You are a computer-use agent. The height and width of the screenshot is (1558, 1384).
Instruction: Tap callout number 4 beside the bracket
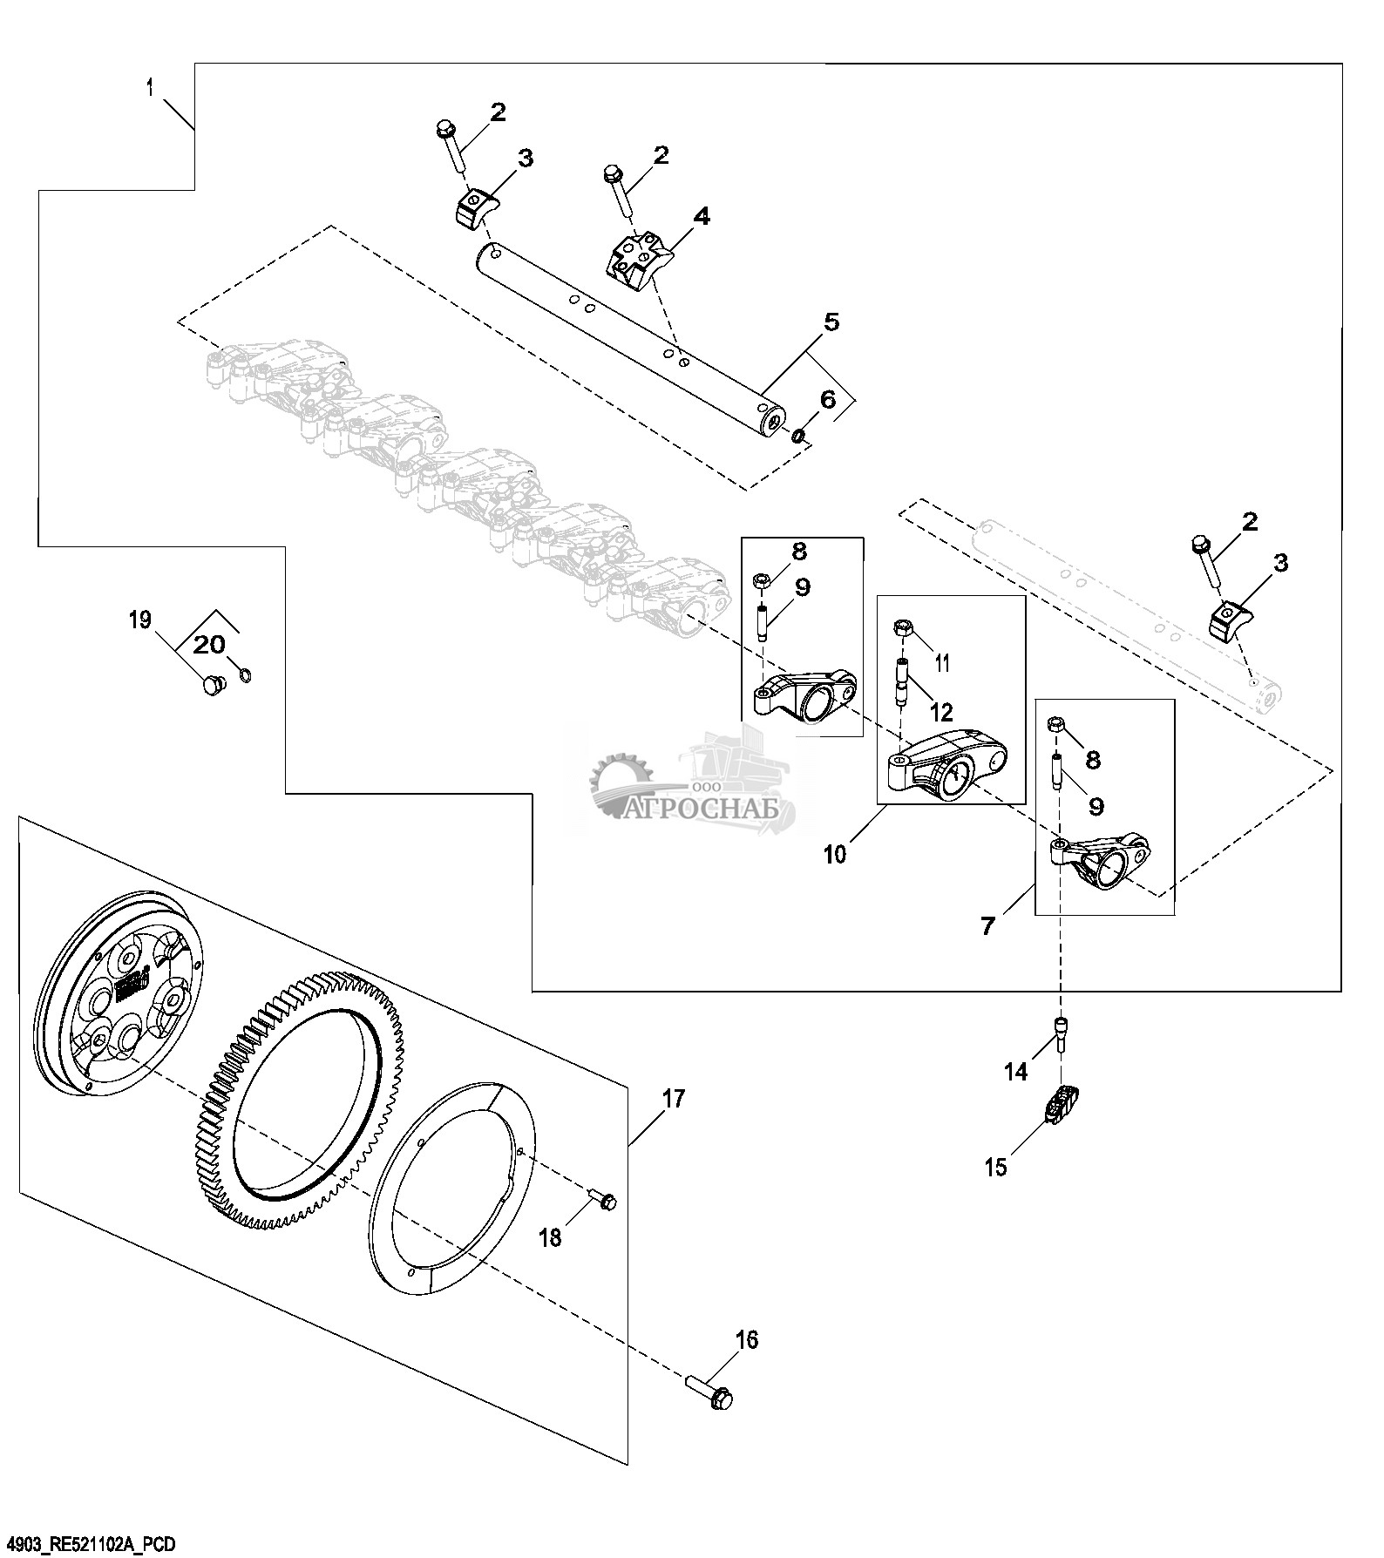pos(701,217)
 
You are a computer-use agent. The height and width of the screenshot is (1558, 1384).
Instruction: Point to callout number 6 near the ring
pos(827,400)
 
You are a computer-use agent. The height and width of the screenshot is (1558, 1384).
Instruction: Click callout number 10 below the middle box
pos(834,854)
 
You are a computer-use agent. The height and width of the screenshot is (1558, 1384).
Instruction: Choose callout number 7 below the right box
pos(987,926)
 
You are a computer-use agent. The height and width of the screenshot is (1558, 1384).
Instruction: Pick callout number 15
pos(995,1167)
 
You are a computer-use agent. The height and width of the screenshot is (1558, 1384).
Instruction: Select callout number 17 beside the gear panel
pos(674,1099)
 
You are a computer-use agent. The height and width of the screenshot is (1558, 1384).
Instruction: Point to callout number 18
pos(552,1236)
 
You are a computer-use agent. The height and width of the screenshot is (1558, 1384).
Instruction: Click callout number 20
pos(208,645)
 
